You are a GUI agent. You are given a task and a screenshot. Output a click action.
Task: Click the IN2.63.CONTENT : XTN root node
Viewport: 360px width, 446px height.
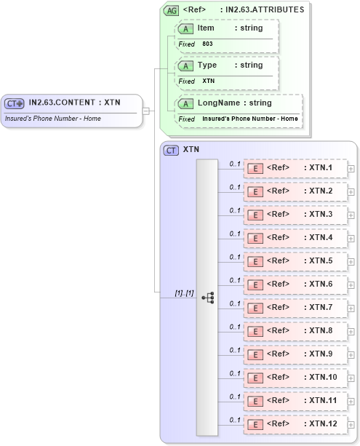[73, 103]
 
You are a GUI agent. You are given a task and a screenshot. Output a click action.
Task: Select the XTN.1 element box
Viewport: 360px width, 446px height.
[295, 168]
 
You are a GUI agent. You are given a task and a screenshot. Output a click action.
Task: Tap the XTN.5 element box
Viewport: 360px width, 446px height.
[295, 261]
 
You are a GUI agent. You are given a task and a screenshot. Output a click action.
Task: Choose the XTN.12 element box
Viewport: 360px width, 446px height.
[295, 423]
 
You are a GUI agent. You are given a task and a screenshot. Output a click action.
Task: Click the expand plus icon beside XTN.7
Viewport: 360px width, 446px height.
[351, 308]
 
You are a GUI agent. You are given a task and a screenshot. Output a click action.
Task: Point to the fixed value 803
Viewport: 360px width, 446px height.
[208, 44]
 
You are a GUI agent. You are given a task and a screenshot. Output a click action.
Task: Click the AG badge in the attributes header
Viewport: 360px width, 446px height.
[172, 10]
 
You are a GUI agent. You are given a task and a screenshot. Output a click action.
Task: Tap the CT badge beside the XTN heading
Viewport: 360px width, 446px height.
[172, 150]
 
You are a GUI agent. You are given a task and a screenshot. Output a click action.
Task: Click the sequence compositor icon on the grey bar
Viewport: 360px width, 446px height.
[207, 297]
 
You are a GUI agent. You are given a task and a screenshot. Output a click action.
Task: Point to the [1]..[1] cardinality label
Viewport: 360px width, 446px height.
[183, 292]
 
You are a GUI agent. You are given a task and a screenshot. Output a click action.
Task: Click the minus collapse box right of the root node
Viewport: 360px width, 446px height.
[146, 111]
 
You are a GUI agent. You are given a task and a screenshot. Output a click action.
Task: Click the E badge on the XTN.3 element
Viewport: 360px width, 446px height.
[255, 215]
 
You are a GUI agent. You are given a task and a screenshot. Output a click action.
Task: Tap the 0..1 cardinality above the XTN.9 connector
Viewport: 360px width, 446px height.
[235, 350]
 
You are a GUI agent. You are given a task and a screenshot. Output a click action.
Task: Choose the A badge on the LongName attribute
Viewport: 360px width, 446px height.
[185, 103]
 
